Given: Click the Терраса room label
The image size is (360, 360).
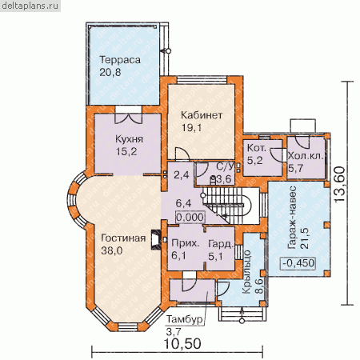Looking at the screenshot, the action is (x=120, y=60).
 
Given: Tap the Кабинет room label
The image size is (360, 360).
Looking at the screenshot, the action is (x=202, y=115).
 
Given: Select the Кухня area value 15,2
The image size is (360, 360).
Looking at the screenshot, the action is (x=126, y=151).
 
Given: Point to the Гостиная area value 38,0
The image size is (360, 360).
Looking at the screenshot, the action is (x=112, y=250).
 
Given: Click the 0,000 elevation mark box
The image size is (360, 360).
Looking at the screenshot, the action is (x=190, y=217).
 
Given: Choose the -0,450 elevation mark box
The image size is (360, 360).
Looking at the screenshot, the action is (x=298, y=263).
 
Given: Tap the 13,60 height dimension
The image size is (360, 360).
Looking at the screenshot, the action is (x=339, y=185).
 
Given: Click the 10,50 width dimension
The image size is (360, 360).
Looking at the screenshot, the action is (x=182, y=344).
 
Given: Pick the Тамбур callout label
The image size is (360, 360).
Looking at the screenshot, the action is (x=184, y=319).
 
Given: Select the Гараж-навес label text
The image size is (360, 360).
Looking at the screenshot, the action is (x=292, y=218).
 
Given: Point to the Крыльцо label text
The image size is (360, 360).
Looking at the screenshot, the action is (x=247, y=272).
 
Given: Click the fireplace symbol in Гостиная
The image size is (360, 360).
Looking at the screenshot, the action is (x=156, y=239).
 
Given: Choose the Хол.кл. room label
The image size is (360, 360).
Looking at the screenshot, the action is (x=306, y=156).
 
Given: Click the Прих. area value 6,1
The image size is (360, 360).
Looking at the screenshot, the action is (x=178, y=255).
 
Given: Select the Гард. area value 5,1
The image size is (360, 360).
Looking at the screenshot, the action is (x=215, y=256).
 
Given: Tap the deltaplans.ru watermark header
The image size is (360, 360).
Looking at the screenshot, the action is (x=30, y=6).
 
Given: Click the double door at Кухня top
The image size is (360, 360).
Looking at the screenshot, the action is (x=129, y=118).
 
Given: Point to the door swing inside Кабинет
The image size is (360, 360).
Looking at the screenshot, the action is (x=182, y=154).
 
